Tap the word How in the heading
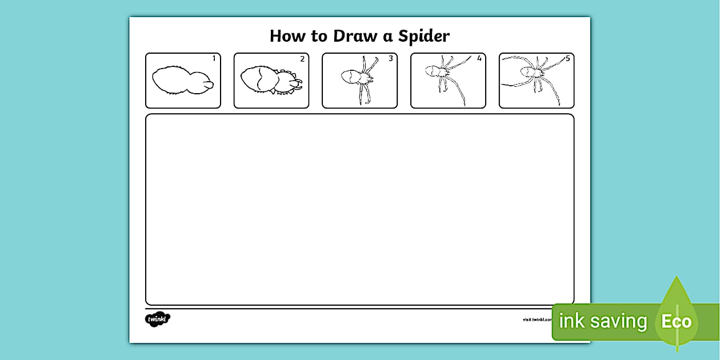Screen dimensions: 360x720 click(x=288, y=36)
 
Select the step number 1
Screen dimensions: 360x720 click(x=214, y=58)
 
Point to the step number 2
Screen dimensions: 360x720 click(x=302, y=58)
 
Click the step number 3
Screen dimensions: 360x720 click(x=390, y=58)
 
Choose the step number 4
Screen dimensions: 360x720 click(x=479, y=58)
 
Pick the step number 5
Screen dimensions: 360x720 click(x=567, y=58)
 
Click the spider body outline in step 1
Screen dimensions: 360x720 click(x=180, y=81)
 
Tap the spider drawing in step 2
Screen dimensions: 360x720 click(x=269, y=81)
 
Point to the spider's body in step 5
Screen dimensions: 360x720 click(x=529, y=72)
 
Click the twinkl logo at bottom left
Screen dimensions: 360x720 click(x=158, y=319)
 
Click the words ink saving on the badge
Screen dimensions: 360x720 click(x=602, y=322)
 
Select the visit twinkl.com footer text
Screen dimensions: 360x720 click(x=537, y=320)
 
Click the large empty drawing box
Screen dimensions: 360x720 click(x=359, y=209)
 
